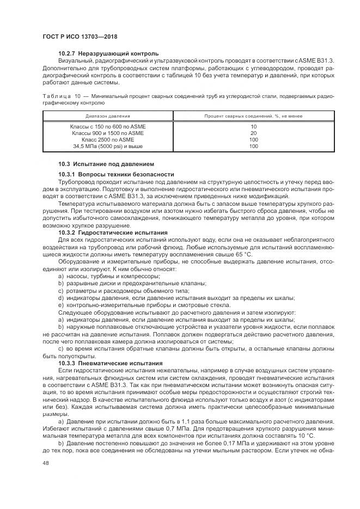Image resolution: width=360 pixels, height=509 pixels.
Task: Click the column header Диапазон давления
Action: [107, 116]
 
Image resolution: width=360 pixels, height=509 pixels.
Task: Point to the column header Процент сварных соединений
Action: [253, 116]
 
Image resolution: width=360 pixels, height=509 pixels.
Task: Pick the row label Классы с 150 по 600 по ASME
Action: [108, 126]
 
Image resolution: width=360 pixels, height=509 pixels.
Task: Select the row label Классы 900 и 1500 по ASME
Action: [108, 133]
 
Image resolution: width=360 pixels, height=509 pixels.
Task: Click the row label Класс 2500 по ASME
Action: [108, 139]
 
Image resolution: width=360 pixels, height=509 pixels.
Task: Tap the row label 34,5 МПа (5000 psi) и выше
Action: [108, 146]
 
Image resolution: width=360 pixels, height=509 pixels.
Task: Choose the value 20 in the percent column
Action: [253, 133]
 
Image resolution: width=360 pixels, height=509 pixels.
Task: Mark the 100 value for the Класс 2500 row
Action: [253, 139]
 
